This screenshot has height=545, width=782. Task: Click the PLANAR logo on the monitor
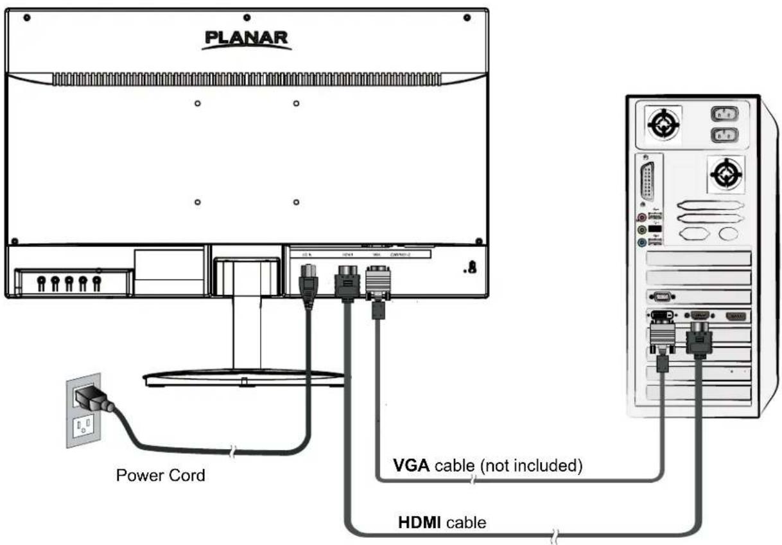pos(247,39)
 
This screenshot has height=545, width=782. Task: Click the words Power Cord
pos(161,476)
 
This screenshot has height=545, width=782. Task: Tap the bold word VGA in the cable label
pos(412,465)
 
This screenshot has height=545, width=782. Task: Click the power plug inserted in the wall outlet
pos(91,399)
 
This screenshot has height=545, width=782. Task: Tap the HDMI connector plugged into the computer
pos(699,339)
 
